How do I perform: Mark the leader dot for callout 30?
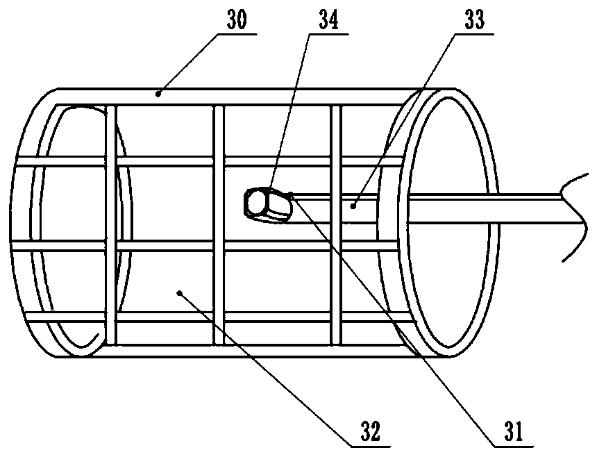[159, 92]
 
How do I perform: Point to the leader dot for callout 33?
[353, 205]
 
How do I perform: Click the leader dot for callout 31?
[292, 194]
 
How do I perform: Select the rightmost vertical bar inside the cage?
[336, 278]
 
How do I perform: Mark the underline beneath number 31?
[514, 444]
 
